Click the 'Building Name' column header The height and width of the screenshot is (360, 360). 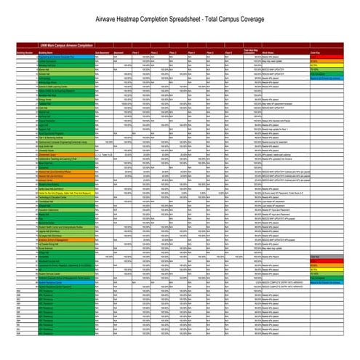pos(48,53)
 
